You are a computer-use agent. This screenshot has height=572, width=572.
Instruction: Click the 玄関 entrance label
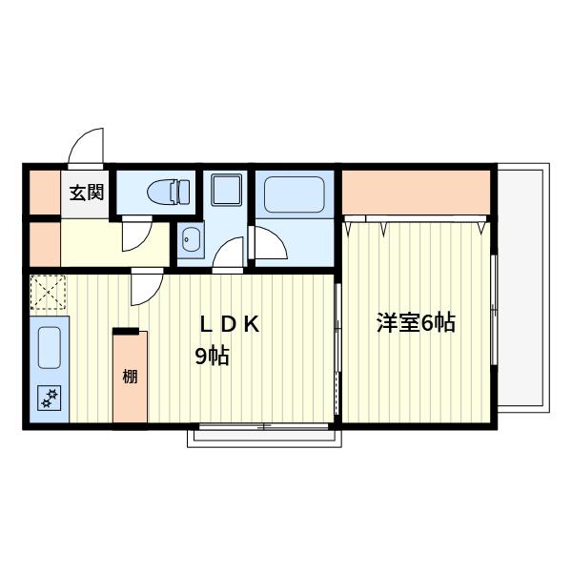(x=87, y=193)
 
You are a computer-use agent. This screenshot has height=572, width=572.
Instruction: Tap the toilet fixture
(x=169, y=192)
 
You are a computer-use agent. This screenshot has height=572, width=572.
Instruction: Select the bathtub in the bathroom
(x=294, y=194)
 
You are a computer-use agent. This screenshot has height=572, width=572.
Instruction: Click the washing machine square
(x=227, y=190)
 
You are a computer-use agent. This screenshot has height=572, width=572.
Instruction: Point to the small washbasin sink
(x=191, y=239)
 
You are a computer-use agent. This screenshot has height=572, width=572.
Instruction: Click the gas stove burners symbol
(x=50, y=398)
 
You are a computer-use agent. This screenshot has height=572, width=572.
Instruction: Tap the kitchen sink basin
(x=50, y=348)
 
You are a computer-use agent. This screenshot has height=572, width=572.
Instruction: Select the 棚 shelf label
(x=130, y=377)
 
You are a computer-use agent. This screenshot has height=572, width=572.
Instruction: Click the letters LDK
(x=230, y=324)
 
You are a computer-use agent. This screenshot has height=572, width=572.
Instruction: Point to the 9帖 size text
(x=213, y=356)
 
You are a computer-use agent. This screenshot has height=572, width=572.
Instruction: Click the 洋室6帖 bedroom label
(x=416, y=322)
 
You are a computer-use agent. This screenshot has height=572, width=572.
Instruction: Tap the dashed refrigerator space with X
(x=48, y=293)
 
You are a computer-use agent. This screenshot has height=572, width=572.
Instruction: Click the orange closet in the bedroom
(x=416, y=193)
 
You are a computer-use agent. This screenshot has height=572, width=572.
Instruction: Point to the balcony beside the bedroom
(x=523, y=288)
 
